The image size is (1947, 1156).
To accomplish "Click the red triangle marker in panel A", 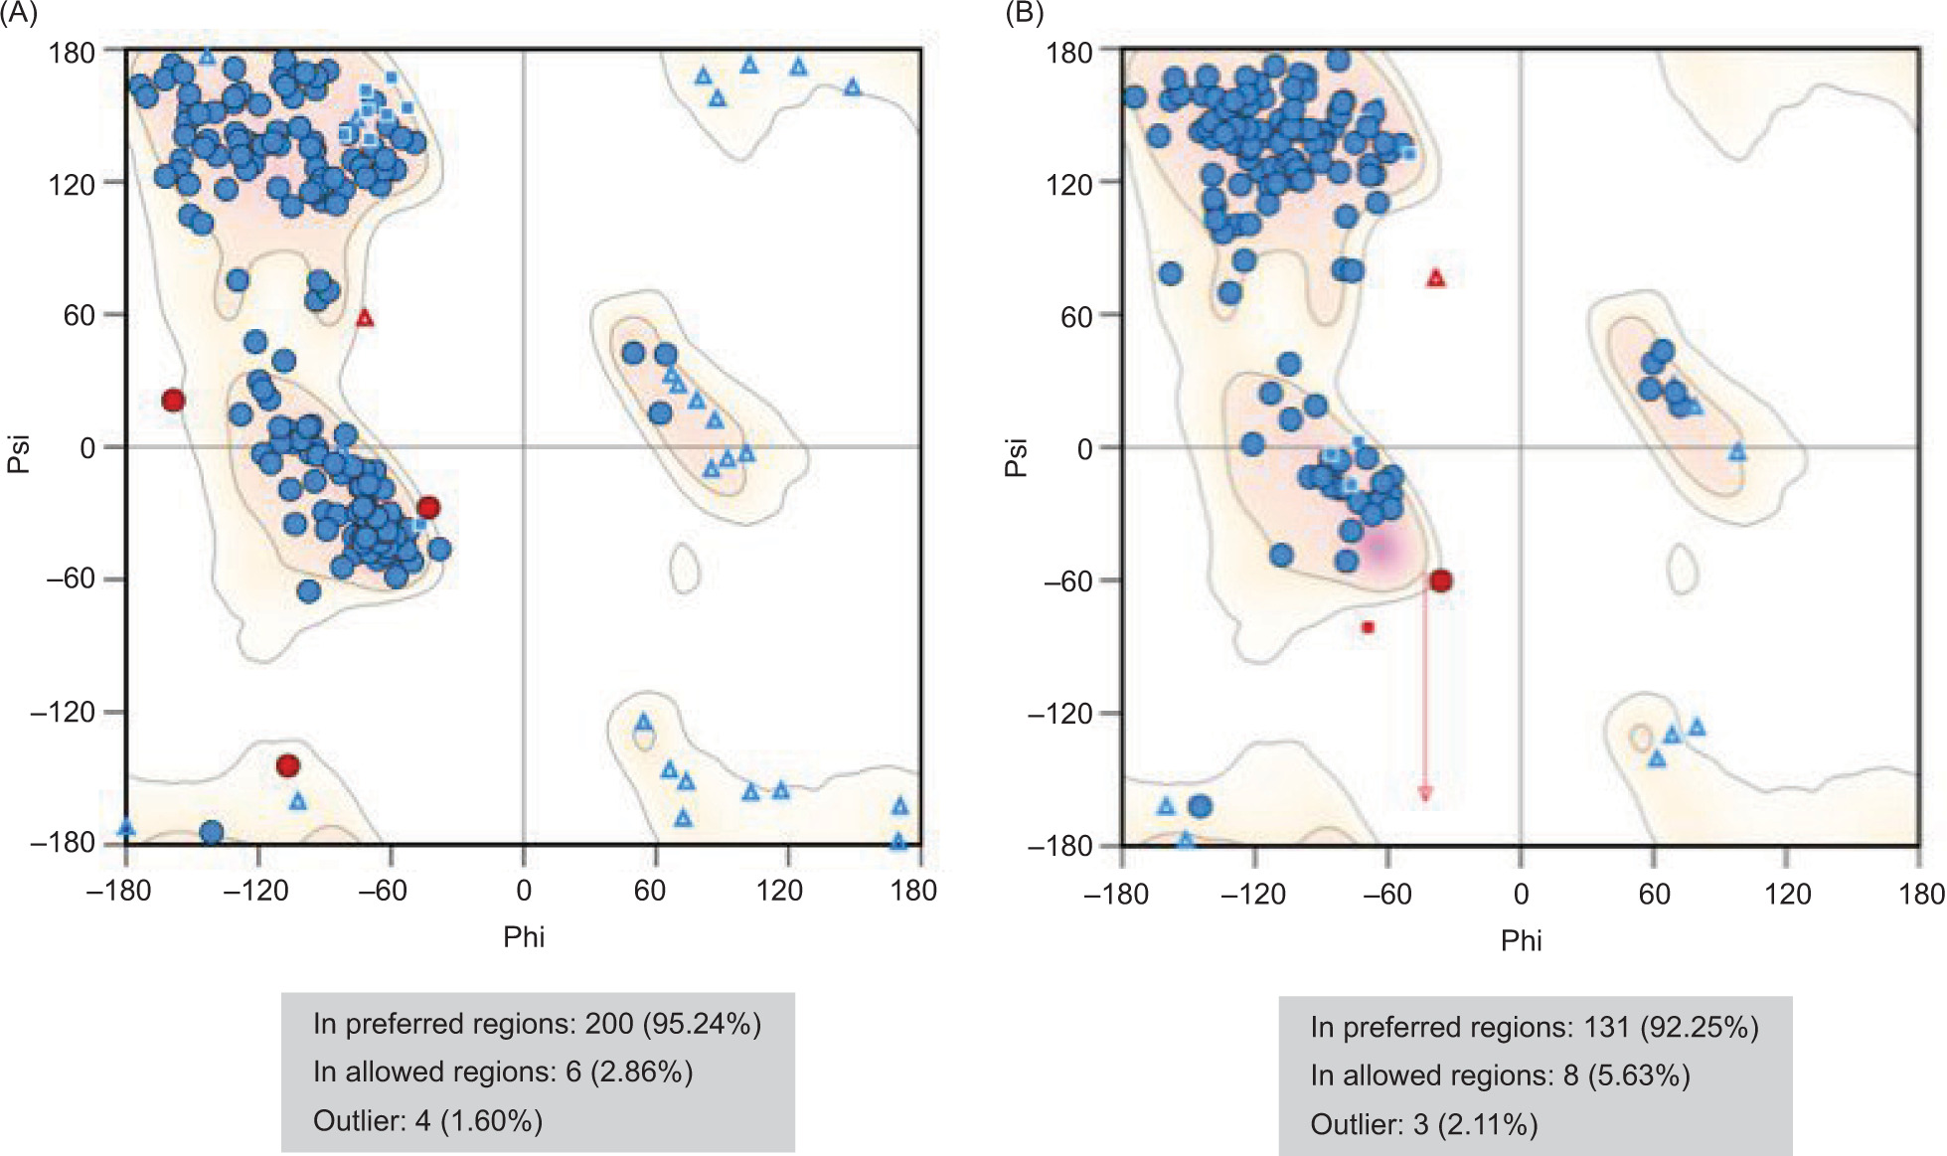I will pyautogui.click(x=365, y=318).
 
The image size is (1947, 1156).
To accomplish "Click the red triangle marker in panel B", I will pyautogui.click(x=1435, y=278).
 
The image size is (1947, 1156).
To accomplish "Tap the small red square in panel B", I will pyautogui.click(x=1368, y=627).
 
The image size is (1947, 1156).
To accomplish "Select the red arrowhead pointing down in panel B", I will pyautogui.click(x=1425, y=792).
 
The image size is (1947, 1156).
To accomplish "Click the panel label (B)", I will pyautogui.click(x=1025, y=14).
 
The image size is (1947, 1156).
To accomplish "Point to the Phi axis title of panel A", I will pyautogui.click(x=524, y=937).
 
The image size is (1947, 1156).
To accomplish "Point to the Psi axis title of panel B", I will pyautogui.click(x=1016, y=457).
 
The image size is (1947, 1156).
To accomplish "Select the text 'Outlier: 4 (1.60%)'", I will pyautogui.click(x=427, y=1121).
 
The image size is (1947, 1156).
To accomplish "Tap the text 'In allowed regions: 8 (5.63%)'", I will pyautogui.click(x=1500, y=1075).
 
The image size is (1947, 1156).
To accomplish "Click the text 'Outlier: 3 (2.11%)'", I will pyautogui.click(x=1424, y=1124).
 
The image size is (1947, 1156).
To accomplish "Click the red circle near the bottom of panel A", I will pyautogui.click(x=288, y=765).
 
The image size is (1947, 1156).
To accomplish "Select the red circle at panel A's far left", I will pyautogui.click(x=173, y=401).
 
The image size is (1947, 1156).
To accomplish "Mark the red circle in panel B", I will pyautogui.click(x=1440, y=580).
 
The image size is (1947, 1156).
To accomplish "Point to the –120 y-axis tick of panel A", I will pyautogui.click(x=63, y=712).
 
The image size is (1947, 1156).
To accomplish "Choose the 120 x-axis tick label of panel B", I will pyautogui.click(x=1787, y=894).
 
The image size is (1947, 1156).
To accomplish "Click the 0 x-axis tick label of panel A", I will pyautogui.click(x=524, y=890).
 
